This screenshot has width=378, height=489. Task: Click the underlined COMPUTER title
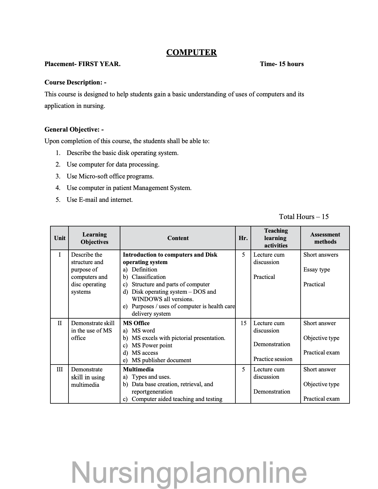coord(191,52)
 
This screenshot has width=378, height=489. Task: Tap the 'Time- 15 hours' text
coord(282,64)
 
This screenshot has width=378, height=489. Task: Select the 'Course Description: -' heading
coord(75,82)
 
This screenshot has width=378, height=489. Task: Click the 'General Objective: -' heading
coord(74,130)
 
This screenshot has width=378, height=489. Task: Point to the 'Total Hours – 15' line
coord(304,217)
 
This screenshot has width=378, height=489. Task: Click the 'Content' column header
coord(178,238)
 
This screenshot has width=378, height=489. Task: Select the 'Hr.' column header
coord(243,238)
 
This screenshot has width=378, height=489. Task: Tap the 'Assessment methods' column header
coord(325,238)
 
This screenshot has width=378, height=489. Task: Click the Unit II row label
coord(60,323)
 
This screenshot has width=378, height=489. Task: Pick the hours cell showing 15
coord(243,323)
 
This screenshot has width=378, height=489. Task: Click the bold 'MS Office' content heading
coord(136,323)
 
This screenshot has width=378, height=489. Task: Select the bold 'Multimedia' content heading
coord(138,369)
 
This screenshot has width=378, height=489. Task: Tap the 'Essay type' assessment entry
coord(316,269)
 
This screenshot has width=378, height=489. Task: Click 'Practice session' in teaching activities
coord(273,359)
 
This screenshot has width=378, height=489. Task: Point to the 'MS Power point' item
coord(151,345)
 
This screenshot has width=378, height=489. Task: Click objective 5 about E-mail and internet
coord(99,200)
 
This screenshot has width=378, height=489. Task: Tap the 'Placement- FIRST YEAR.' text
coord(82,64)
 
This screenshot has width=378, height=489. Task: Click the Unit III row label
coord(60,369)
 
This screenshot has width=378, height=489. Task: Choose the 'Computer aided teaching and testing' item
coord(177,399)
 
